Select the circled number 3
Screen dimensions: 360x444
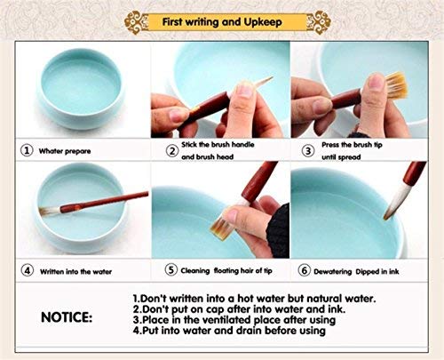[x=307, y=150]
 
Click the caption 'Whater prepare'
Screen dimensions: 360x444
[x=64, y=151]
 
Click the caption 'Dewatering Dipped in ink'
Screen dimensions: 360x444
[x=365, y=269]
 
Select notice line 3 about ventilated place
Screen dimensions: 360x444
[x=240, y=321]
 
